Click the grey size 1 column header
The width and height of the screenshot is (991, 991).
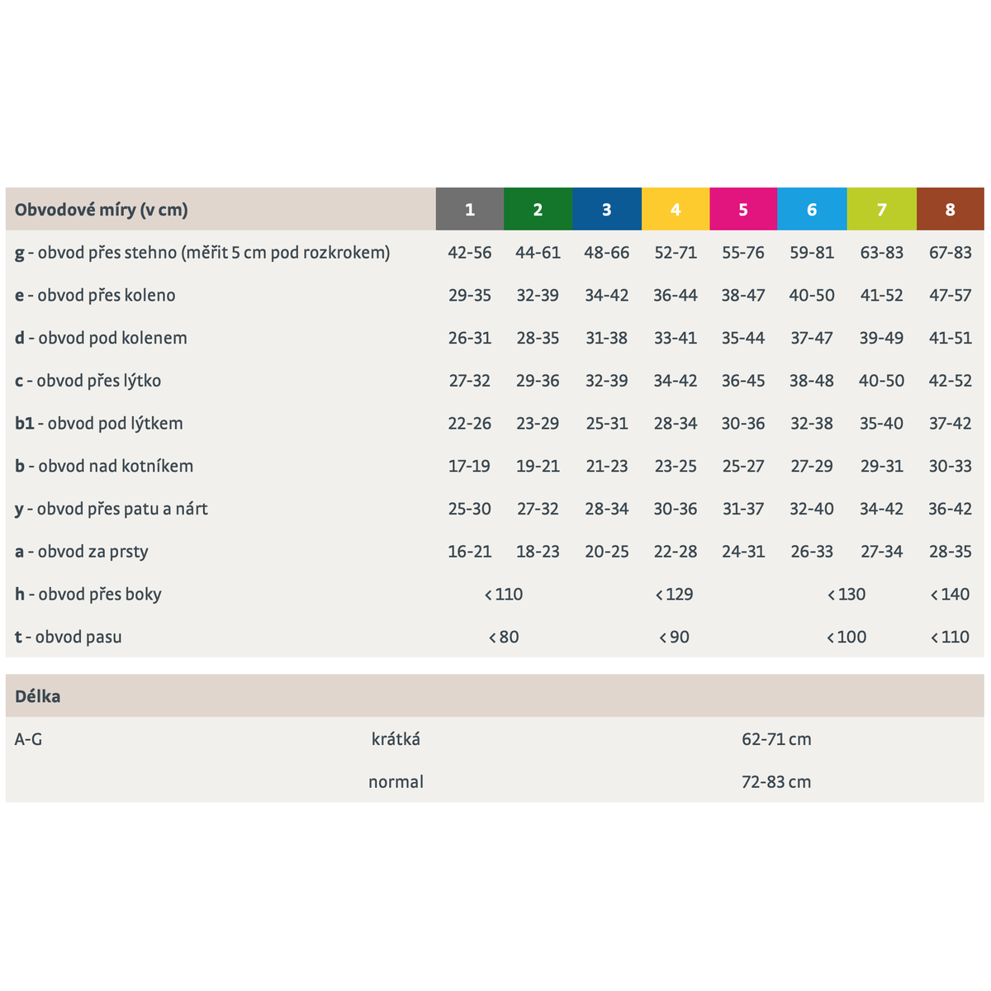click(x=470, y=209)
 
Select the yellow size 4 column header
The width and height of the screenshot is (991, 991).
click(x=676, y=209)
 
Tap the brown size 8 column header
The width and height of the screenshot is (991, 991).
click(x=950, y=209)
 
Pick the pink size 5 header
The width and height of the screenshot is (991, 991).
click(x=743, y=209)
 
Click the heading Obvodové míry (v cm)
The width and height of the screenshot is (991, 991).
click(x=102, y=210)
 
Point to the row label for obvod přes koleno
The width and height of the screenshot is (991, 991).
click(x=95, y=295)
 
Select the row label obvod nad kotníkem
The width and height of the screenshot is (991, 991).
click(x=104, y=466)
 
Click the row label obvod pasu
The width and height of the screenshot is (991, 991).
click(x=69, y=637)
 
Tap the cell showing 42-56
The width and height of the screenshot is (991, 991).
click(x=470, y=253)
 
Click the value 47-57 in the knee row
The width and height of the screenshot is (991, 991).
click(x=950, y=295)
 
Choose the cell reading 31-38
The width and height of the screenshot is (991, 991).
click(x=606, y=338)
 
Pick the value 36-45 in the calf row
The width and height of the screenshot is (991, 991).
click(x=743, y=381)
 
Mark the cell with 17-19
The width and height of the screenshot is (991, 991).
click(x=470, y=466)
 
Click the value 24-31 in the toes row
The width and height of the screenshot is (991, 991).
click(x=743, y=552)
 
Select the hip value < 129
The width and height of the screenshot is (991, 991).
click(x=674, y=594)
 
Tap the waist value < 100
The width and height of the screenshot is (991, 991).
click(x=846, y=637)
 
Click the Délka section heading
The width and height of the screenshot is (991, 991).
click(x=37, y=696)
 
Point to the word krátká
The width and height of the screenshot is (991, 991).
click(x=396, y=739)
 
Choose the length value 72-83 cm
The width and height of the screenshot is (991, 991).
click(x=776, y=782)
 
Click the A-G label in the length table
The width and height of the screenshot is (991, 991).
click(x=28, y=739)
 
